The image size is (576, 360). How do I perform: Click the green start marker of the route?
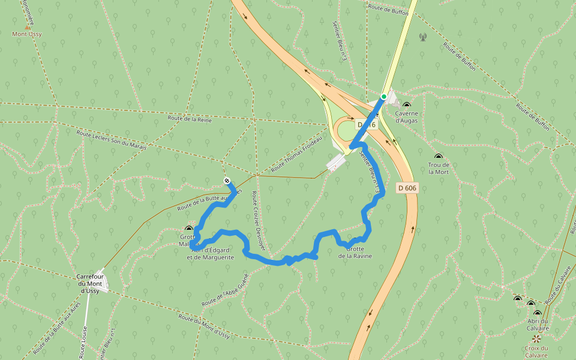click(383, 96)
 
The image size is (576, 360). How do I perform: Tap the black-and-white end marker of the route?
click(227, 181)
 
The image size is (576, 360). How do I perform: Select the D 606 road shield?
click(407, 188)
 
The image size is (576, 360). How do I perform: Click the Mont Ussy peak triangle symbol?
click(27, 27)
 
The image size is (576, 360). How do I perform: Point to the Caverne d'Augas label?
click(406, 116)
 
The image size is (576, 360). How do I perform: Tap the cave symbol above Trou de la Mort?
click(438, 157)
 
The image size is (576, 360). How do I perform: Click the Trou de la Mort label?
click(439, 168)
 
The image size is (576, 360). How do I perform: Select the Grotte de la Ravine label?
click(355, 252)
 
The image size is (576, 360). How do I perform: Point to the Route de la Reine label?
click(190, 119)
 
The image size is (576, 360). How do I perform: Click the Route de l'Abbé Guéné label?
click(225, 289)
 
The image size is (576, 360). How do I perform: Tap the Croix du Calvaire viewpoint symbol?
click(536, 338)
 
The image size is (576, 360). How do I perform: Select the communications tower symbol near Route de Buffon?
click(422, 37)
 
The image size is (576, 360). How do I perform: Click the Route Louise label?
click(83, 343)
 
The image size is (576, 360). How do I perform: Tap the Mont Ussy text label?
click(27, 34)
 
